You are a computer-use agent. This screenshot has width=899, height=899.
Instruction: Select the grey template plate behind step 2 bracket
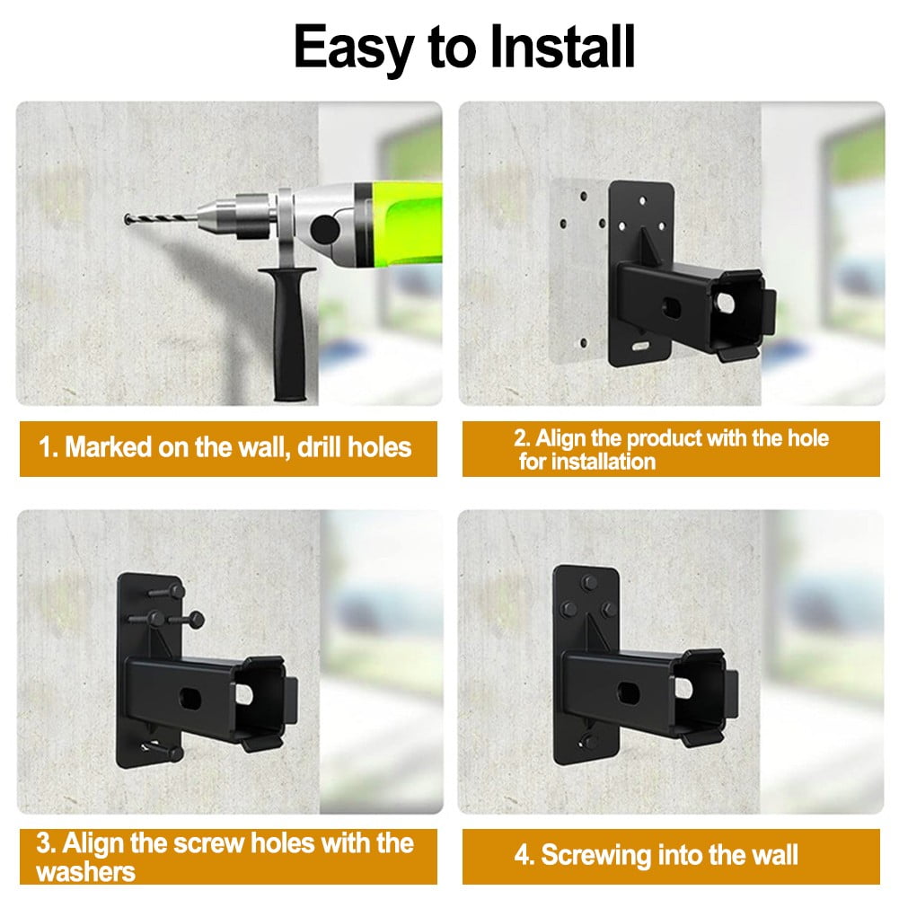tap(575, 269)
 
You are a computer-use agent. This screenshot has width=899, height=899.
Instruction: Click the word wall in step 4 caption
tap(769, 855)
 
